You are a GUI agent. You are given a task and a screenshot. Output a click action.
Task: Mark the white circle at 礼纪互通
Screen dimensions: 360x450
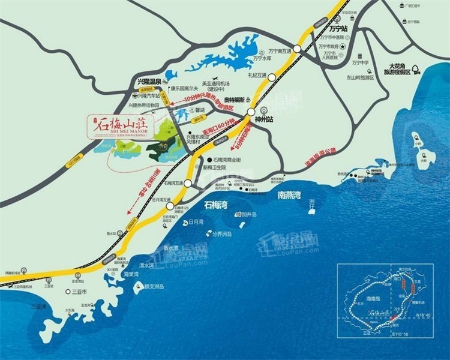pyautogui.click(x=272, y=77)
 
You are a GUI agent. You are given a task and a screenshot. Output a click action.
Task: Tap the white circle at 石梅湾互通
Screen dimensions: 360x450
pyautogui.click(x=188, y=184)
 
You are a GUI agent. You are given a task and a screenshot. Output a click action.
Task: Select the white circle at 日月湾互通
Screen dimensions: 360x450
pyautogui.click(x=170, y=206)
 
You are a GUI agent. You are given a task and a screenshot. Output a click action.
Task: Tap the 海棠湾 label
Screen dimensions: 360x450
pyautogui.click(x=131, y=274)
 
